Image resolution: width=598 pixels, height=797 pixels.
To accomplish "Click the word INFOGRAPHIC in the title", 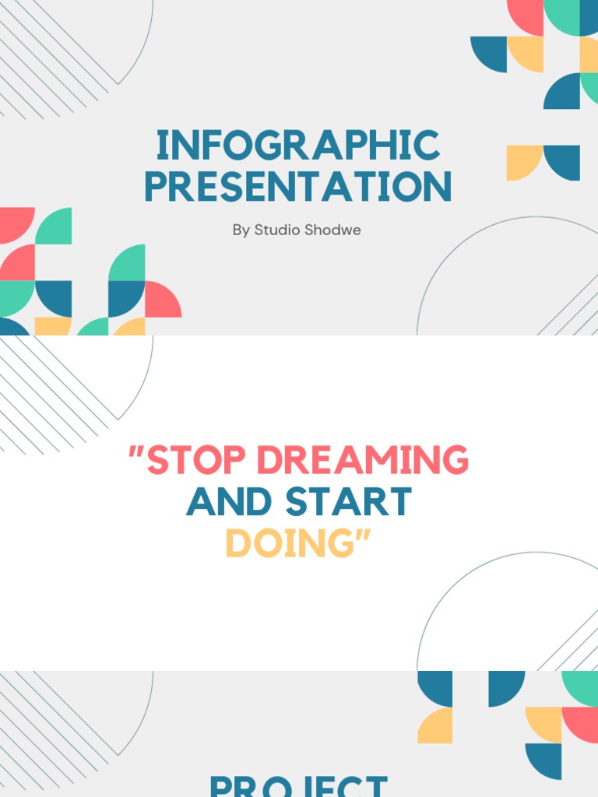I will [x=298, y=146].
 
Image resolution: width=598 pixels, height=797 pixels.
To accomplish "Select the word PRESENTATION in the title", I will [x=298, y=188].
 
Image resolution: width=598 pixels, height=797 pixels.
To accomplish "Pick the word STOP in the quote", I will [x=198, y=461].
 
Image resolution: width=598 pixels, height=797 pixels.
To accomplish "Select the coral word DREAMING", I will [x=363, y=461].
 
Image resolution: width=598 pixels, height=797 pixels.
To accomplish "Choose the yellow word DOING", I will [x=287, y=544].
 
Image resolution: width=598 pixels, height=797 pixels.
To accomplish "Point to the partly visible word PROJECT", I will [x=298, y=785].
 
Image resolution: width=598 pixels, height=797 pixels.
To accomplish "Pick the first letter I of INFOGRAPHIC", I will [x=162, y=146].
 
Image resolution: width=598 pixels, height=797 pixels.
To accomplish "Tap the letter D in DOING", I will [x=237, y=544].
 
